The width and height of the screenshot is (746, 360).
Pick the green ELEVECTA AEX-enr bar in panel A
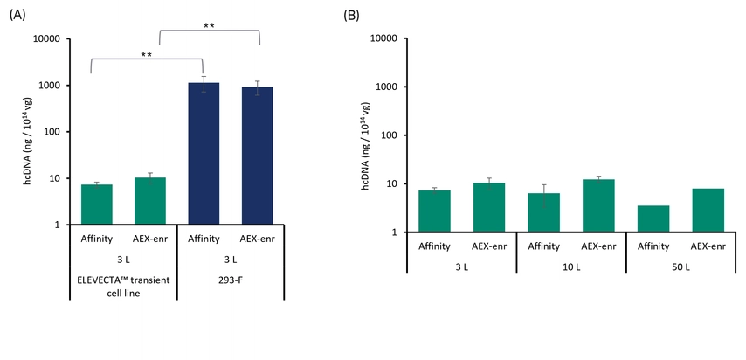[150, 201]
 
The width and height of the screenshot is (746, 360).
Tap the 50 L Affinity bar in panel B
[653, 218]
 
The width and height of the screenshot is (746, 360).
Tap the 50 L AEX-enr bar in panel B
[708, 210]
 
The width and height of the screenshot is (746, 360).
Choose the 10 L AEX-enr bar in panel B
[598, 205]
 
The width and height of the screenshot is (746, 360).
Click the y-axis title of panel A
[17, 131]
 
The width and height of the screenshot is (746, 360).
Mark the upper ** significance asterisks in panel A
[209, 26]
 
